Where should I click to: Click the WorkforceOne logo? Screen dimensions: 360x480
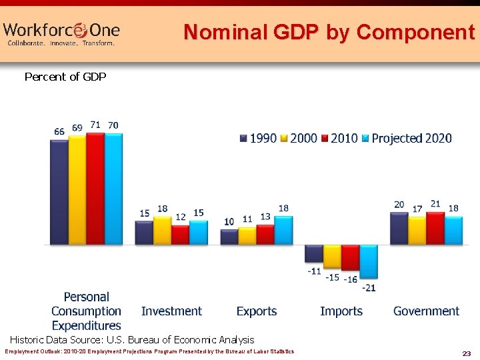(61, 33)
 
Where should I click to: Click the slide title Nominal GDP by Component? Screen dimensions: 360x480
(329, 31)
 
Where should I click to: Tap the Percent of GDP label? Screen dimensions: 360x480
(65, 77)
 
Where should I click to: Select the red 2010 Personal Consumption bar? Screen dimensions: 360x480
(95, 188)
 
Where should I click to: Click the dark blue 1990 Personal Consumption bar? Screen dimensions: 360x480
(59, 191)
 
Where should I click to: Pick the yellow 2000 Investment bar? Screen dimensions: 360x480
(163, 230)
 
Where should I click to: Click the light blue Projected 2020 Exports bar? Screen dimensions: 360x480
(283, 230)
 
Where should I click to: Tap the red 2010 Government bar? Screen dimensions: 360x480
(435, 228)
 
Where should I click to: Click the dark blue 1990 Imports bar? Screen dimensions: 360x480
(314, 253)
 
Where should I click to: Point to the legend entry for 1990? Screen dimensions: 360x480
(258, 139)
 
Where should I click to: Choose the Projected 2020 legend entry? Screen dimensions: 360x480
(406, 139)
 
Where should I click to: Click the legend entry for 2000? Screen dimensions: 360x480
(298, 139)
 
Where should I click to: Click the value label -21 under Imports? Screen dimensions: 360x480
(369, 287)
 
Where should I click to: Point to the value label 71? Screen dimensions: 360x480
(95, 125)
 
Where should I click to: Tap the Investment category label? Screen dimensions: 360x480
(171, 311)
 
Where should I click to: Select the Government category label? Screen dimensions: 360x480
(426, 311)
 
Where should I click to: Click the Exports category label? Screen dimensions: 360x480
(257, 311)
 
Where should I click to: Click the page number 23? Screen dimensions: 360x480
(466, 353)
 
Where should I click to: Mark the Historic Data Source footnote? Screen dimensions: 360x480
(132, 339)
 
